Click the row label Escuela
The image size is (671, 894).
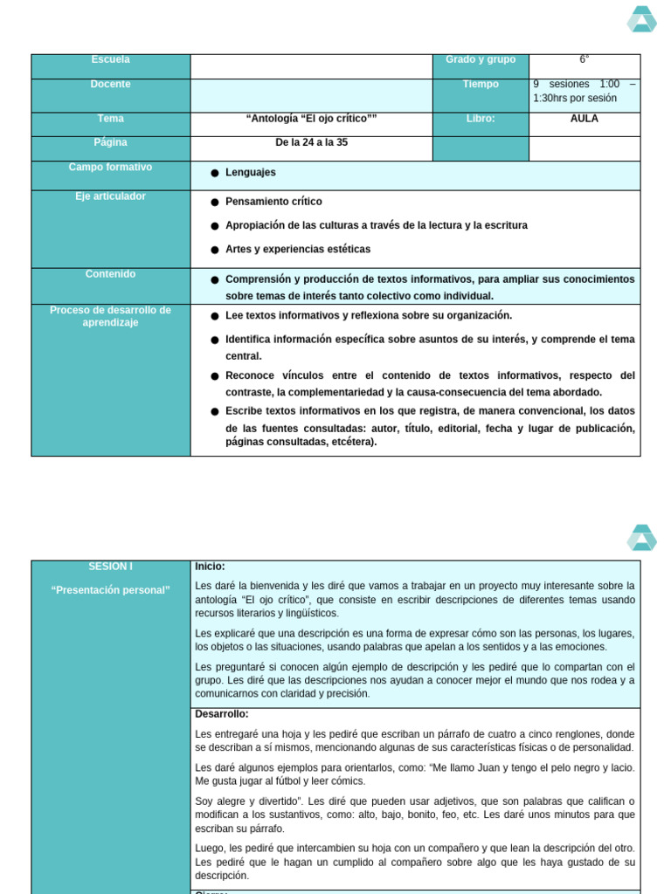[x=110, y=59]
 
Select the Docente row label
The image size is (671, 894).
[x=110, y=84]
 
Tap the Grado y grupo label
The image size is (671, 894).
[x=481, y=59]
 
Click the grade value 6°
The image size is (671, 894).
[x=584, y=59]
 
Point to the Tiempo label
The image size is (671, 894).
[x=481, y=84]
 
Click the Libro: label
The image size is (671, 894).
[x=481, y=119]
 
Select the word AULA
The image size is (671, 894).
[x=584, y=119]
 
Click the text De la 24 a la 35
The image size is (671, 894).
[x=311, y=142]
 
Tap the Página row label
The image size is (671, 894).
[x=110, y=142]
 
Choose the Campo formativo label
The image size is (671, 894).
[x=110, y=167]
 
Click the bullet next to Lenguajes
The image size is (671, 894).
[x=215, y=174]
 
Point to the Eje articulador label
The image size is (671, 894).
[x=110, y=196]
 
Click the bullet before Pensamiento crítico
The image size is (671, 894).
[x=215, y=202]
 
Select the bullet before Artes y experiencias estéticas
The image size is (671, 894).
[x=215, y=250]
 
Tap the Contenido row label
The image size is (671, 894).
[x=110, y=274]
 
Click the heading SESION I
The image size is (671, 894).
[x=110, y=567]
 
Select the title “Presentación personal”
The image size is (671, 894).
[x=110, y=590]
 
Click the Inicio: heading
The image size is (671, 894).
[x=210, y=567]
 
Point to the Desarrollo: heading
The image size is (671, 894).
[x=222, y=714]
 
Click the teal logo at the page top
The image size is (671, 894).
[x=641, y=19]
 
